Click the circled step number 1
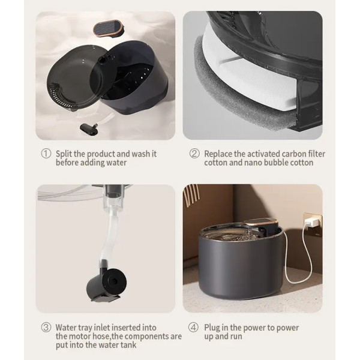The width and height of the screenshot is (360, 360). [x=46, y=154]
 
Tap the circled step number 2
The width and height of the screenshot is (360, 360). [x=194, y=154]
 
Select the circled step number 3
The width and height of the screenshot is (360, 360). [x=46, y=328]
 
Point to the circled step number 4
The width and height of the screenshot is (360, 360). [x=193, y=328]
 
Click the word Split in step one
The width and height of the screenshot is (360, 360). [x=64, y=154]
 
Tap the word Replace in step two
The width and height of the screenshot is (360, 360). [x=218, y=154]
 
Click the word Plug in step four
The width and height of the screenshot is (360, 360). [x=212, y=328]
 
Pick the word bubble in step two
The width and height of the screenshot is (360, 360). [x=276, y=163]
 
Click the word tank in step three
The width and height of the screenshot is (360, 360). [x=129, y=345]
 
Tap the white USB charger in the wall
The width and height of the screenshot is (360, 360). [x=310, y=222]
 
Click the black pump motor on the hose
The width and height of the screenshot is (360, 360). [x=107, y=284]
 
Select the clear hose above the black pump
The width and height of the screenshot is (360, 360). [x=109, y=236]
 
